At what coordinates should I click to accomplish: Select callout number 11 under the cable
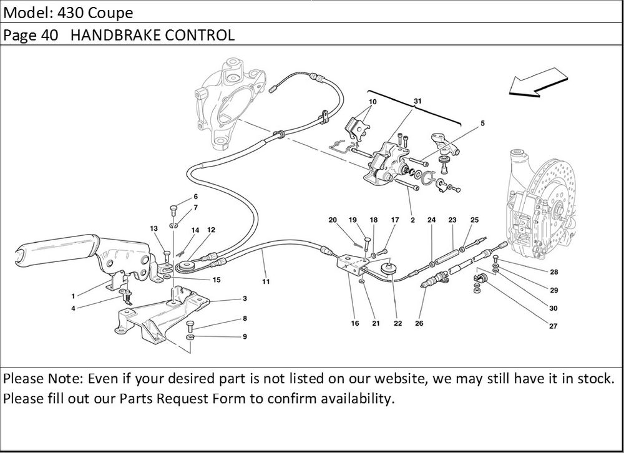point(266,281)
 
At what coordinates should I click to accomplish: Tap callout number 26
point(419,323)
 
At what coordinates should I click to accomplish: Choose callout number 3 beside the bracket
point(245,298)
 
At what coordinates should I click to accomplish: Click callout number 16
point(355,323)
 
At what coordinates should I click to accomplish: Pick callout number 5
point(482,124)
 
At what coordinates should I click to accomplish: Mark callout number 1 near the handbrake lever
point(73,296)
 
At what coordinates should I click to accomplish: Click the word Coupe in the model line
point(110,12)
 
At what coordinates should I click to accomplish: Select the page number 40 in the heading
point(50,35)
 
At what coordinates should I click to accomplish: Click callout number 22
point(397,323)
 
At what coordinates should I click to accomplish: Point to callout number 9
point(245,337)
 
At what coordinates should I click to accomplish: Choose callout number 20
point(333,220)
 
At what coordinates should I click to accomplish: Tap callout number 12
point(211,230)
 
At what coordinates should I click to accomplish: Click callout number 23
point(452,220)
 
